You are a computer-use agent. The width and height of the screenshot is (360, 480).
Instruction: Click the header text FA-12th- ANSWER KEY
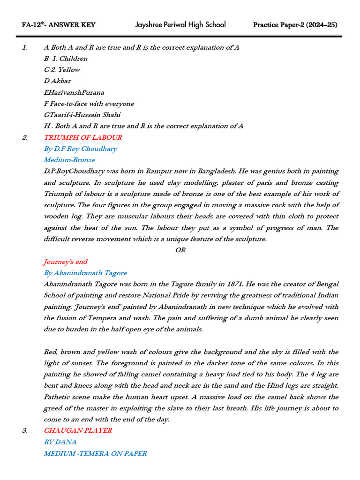tap(59, 25)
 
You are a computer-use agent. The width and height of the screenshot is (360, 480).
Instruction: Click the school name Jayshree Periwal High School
tap(180, 24)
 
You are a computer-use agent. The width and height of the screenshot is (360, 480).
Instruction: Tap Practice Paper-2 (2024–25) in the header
tap(295, 25)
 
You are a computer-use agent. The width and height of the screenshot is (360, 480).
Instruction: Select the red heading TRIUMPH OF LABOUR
tap(83, 137)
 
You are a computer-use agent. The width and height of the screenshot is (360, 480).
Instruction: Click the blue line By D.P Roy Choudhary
tap(81, 149)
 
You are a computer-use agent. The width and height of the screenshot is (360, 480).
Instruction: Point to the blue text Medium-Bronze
tap(69, 160)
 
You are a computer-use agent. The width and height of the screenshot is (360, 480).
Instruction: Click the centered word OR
tap(180, 250)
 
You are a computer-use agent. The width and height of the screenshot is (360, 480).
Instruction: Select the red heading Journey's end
tap(66, 262)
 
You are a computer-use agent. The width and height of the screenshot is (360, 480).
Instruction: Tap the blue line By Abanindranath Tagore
tap(85, 273)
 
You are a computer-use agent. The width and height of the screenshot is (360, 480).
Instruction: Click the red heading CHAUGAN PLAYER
tap(78, 430)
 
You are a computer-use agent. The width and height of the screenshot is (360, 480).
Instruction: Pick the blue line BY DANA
tap(60, 442)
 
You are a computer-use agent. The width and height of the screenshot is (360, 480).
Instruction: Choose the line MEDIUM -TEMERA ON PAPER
tap(95, 453)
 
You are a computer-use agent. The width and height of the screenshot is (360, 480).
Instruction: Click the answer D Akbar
tap(58, 81)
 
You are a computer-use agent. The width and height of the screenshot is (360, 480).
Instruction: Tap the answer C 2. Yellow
tap(62, 70)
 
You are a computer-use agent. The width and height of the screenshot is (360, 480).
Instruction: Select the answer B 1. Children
tap(66, 59)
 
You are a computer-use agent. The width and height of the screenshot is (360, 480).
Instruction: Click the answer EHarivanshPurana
tap(74, 92)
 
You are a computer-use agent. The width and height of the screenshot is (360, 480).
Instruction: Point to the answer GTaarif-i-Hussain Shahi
tap(82, 115)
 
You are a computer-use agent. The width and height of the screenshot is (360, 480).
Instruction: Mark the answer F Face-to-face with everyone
tap(89, 104)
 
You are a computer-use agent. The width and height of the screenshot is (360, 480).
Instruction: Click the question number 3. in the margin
tap(25, 430)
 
